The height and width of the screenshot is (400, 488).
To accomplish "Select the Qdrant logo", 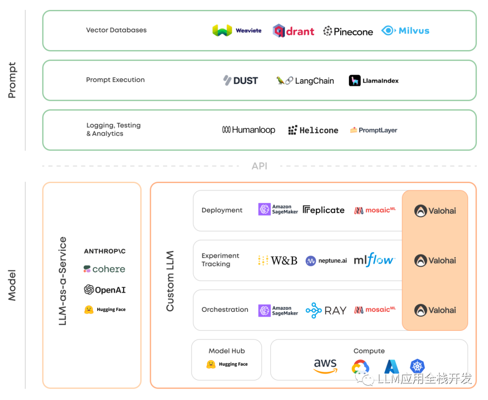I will pyautogui.click(x=293, y=31).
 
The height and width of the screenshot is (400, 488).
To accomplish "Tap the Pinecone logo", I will pyautogui.click(x=348, y=31).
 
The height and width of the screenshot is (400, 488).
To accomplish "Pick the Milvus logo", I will pyautogui.click(x=405, y=31).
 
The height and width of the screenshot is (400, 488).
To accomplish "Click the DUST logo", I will pyautogui.click(x=240, y=80).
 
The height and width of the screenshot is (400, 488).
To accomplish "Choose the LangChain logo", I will pyautogui.click(x=305, y=81).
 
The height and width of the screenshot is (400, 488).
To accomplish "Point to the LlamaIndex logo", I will pyautogui.click(x=374, y=81).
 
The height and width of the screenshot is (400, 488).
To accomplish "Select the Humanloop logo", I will pyautogui.click(x=249, y=130).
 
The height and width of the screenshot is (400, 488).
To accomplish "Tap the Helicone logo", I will pyautogui.click(x=313, y=130).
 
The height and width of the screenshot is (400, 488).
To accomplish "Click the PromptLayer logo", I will pyautogui.click(x=373, y=130).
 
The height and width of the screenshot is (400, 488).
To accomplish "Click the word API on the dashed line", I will pyautogui.click(x=259, y=166).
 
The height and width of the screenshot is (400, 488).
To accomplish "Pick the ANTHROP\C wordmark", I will pyautogui.click(x=105, y=251).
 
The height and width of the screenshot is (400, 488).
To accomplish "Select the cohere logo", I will pyautogui.click(x=104, y=269).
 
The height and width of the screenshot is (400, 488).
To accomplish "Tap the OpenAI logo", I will pyautogui.click(x=104, y=290).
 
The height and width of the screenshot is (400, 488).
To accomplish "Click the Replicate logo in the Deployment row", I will pyautogui.click(x=324, y=210).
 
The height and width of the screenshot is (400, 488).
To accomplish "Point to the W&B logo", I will pyautogui.click(x=277, y=260).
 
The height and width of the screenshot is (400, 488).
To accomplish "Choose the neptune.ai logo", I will pyautogui.click(x=326, y=260).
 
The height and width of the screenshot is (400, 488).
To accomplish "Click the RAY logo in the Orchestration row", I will pyautogui.click(x=326, y=310).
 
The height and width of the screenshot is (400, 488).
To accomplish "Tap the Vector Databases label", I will pyautogui.click(x=116, y=30).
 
